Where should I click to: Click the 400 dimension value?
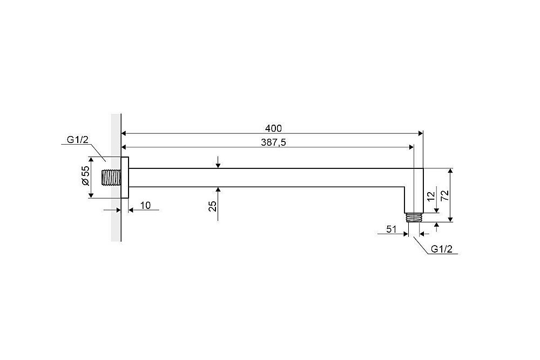[x=273, y=128]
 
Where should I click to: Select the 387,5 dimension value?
[x=273, y=142]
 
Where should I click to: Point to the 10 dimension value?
[x=146, y=206]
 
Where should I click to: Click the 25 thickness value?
[x=213, y=206]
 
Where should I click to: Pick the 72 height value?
[x=444, y=195]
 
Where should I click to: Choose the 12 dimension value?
[x=431, y=196]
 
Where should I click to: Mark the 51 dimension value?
[x=391, y=229]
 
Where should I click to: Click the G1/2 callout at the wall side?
[x=77, y=140]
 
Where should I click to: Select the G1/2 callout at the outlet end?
[x=442, y=249]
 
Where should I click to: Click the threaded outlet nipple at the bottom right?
[x=414, y=218]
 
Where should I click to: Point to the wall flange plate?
[x=125, y=178]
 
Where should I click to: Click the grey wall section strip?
[x=116, y=178]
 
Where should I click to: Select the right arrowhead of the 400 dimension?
[x=420, y=133]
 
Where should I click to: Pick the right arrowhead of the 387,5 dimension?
[x=410, y=147]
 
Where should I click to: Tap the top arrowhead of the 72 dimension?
[x=450, y=172]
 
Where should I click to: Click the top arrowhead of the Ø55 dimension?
[x=91, y=160]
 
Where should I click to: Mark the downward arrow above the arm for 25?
[x=218, y=162]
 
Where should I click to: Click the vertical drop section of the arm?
[x=414, y=191]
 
